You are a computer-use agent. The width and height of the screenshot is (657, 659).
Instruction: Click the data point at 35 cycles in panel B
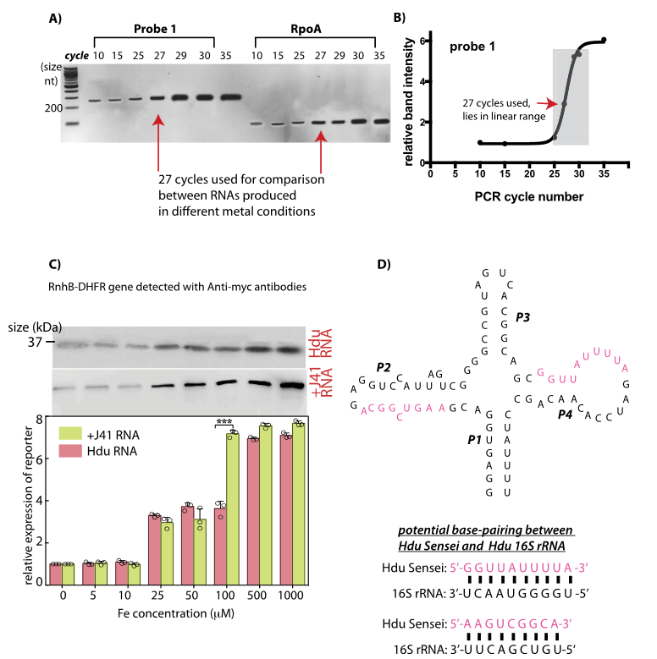coord(604,40)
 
